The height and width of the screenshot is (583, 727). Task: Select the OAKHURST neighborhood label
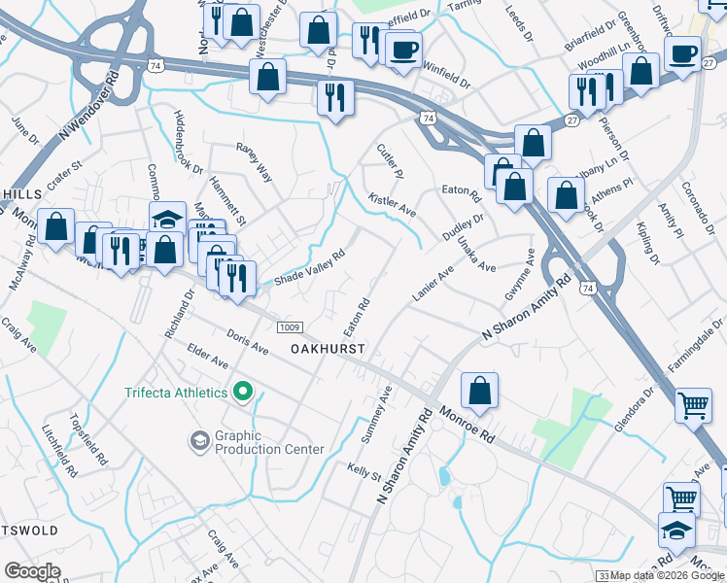(x=329, y=348)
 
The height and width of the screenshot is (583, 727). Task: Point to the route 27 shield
(x=572, y=120)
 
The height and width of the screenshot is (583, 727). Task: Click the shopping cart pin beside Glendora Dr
(x=692, y=404)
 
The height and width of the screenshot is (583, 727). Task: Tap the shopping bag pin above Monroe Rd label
(x=479, y=391)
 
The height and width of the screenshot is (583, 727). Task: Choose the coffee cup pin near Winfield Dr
(x=402, y=49)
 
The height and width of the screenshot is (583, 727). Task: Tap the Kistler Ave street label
(x=392, y=204)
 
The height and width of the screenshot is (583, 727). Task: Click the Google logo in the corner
(x=32, y=571)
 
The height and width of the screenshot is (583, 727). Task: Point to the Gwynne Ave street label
(x=519, y=274)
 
